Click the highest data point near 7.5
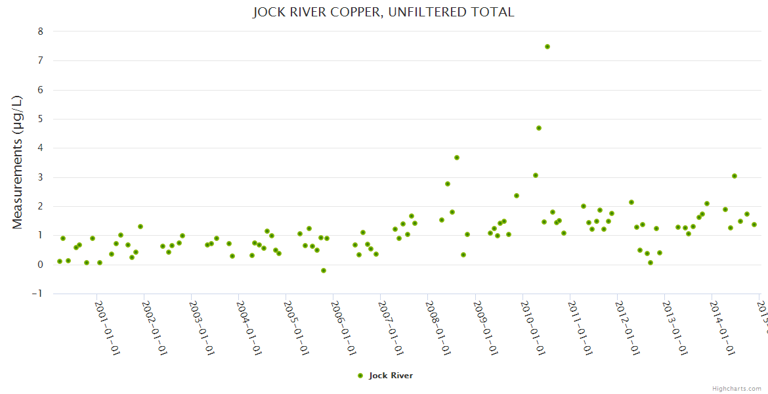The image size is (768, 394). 547,47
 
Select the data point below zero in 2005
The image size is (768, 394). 324,271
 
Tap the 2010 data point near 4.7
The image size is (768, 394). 539,128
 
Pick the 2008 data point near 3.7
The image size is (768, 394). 457,158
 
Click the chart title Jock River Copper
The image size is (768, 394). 383,12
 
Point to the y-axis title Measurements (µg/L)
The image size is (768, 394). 18,162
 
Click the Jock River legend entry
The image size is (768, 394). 391,376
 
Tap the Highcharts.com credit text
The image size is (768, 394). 736,389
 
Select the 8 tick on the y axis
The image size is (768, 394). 41,32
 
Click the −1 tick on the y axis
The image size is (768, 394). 38,294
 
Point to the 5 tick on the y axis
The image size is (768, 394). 41,119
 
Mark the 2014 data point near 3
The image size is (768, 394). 735,176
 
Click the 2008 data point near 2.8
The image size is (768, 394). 448,184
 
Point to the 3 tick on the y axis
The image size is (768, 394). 41,177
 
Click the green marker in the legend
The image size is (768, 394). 360,376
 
